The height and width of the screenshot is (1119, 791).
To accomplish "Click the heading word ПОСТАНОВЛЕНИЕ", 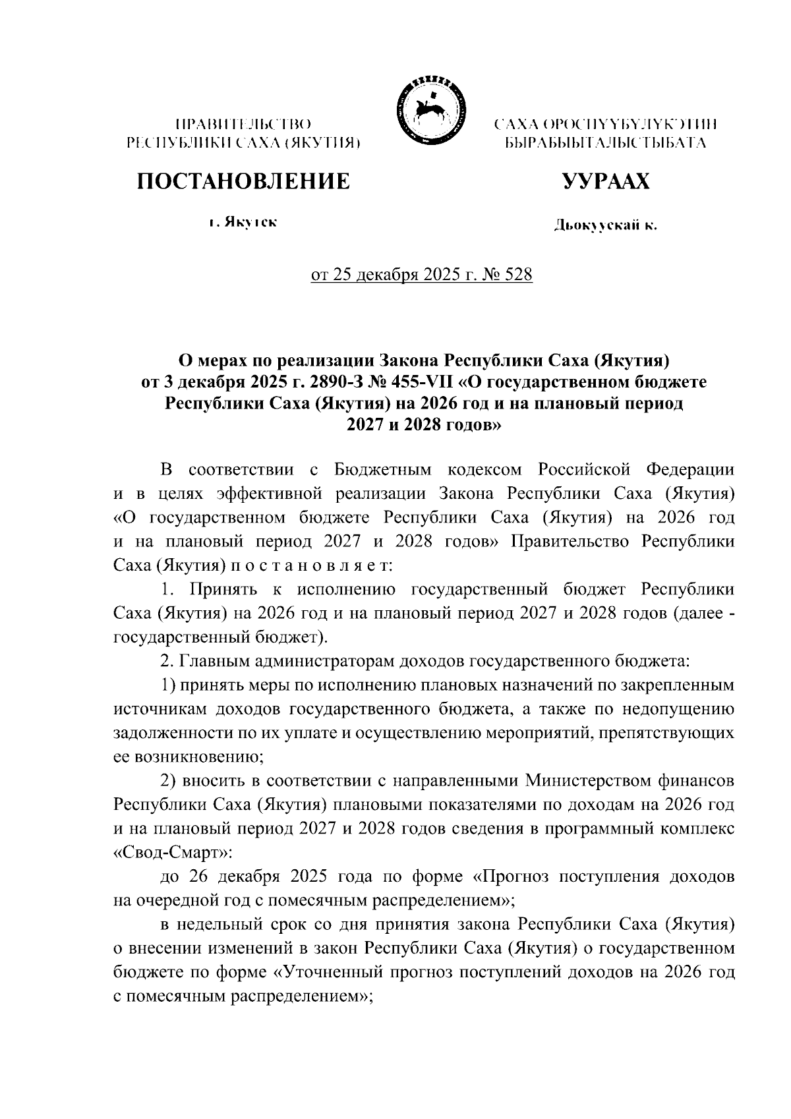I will point(243,181).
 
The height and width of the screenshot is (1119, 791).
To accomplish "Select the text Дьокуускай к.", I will point(606,227).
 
